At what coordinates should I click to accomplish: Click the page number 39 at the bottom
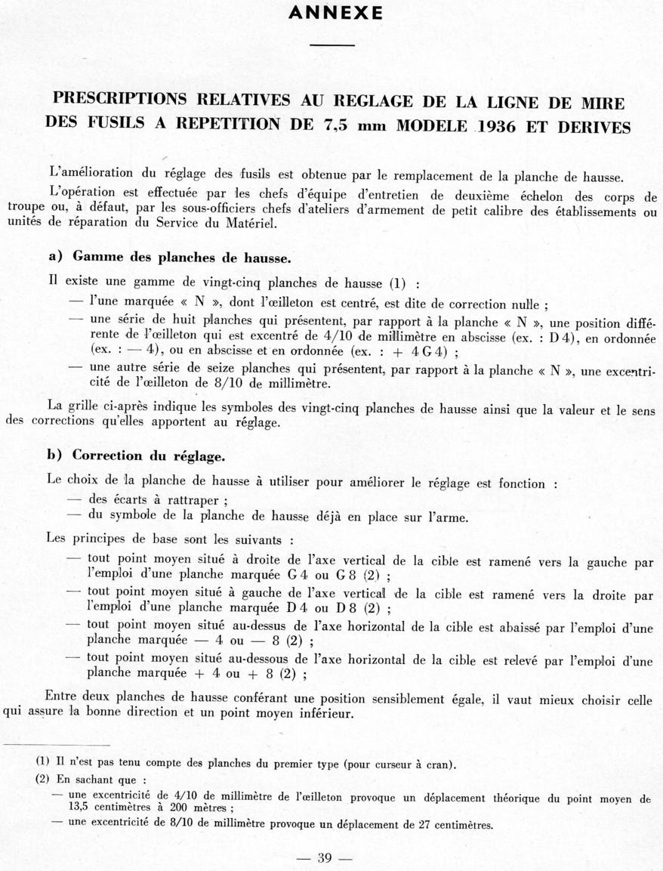pos(325,857)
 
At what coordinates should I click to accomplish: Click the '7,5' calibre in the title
pos(338,125)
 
